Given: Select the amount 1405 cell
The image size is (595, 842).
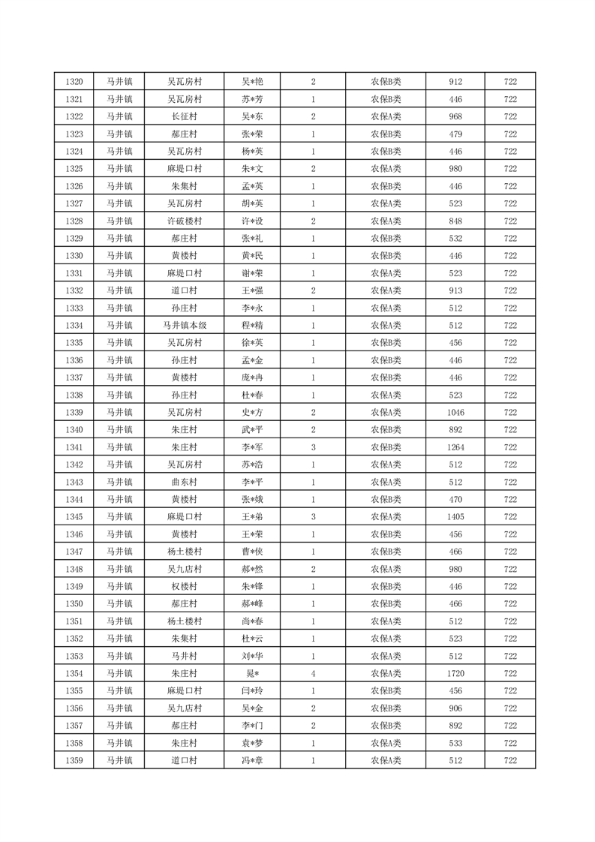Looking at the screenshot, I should [x=455, y=517].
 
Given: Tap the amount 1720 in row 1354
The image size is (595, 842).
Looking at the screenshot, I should [x=455, y=674].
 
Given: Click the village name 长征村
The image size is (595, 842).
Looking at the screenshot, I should [x=185, y=116].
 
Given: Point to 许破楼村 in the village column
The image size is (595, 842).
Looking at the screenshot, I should [x=185, y=221].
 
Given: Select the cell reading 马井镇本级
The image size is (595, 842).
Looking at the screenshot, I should [x=185, y=326].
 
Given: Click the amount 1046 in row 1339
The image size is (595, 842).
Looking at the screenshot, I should [x=455, y=413].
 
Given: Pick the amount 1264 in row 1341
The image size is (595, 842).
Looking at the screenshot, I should [x=455, y=447].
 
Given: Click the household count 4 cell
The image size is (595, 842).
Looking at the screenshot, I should [x=313, y=674].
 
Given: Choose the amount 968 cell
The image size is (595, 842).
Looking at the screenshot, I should [x=455, y=116].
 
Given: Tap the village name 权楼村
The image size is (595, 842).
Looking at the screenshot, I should [x=185, y=587].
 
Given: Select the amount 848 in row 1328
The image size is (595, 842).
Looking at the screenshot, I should [x=455, y=221].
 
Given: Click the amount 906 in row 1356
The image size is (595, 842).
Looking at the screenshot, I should [x=455, y=708].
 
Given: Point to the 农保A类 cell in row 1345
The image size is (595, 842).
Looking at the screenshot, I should [x=386, y=517].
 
